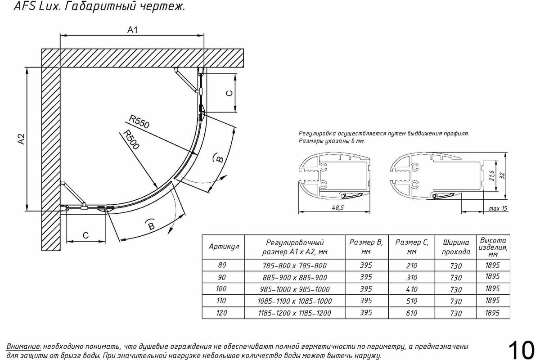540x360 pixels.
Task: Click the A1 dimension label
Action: click(132, 30)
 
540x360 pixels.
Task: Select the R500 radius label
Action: click(131, 140)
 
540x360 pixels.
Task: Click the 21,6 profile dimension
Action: click(493, 173)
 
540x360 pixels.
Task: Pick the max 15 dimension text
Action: click(498, 208)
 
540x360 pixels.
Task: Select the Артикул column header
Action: click(224, 247)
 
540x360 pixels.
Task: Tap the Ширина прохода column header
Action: click(456, 247)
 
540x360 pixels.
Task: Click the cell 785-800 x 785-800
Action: click(295, 266)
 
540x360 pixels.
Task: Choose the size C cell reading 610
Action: click(411, 313)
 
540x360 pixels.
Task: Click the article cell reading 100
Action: click(221, 289)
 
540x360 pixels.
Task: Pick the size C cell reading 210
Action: click(411, 266)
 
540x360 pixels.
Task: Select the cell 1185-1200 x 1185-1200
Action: click(295, 313)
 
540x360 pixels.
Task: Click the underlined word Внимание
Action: click(23, 347)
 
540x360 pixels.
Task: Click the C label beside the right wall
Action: click(229, 93)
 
